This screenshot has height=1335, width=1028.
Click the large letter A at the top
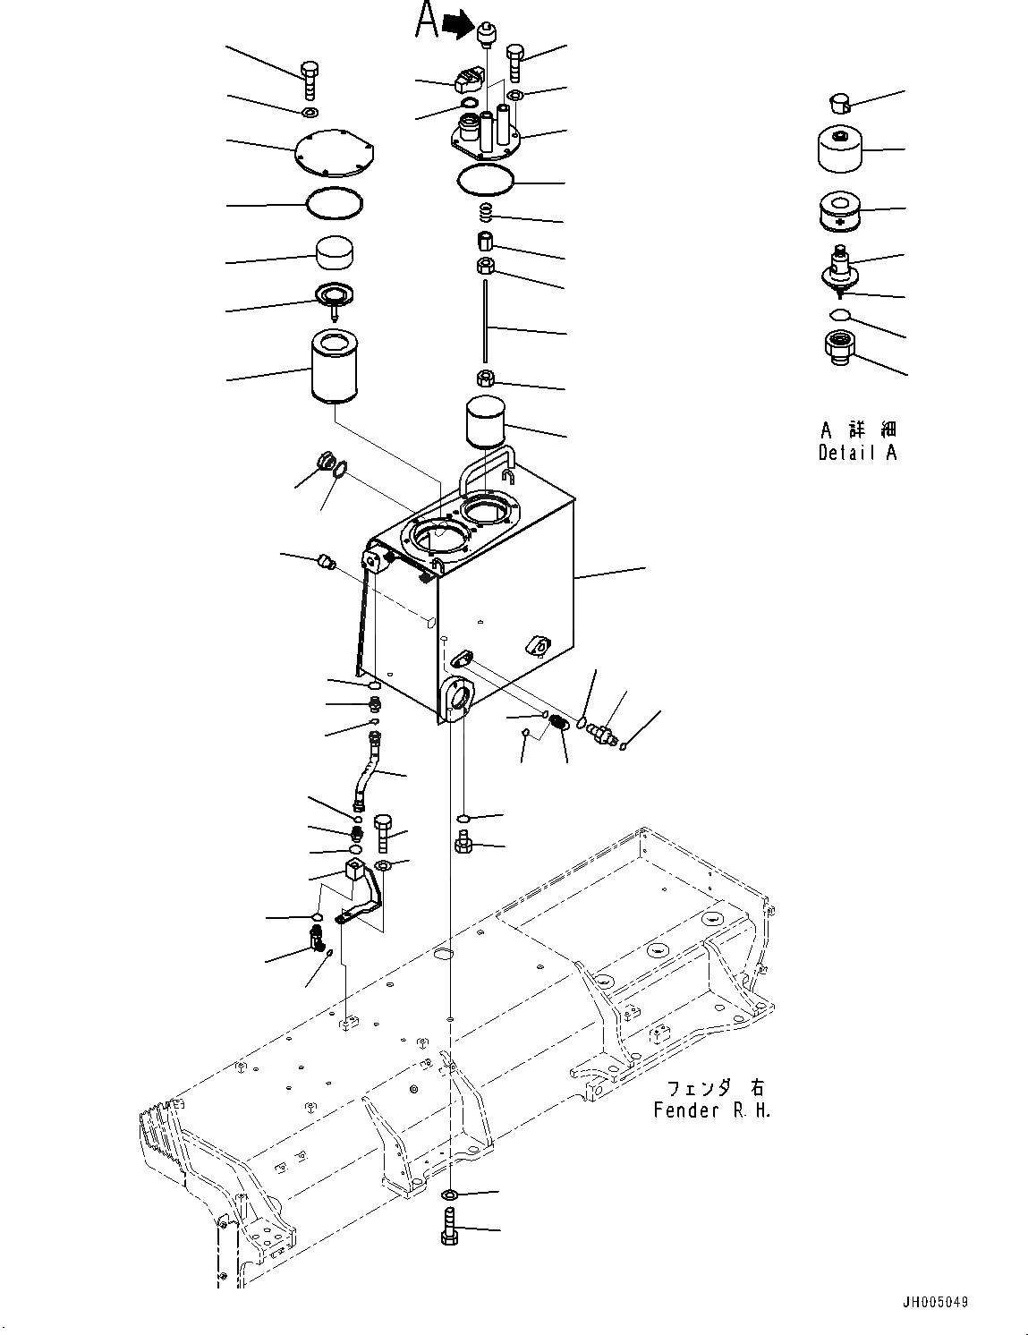point(427,22)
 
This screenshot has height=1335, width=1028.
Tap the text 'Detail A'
point(857,453)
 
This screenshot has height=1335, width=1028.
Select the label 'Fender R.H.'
point(711,1110)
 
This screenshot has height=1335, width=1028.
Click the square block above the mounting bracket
point(356,871)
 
